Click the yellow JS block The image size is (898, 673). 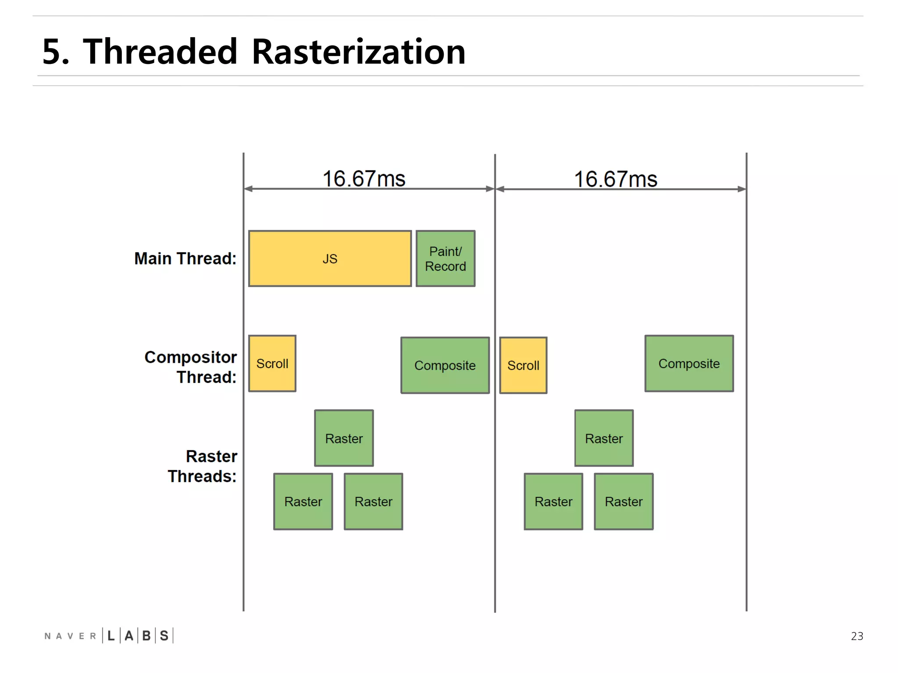click(330, 259)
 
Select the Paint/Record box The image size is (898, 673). click(445, 259)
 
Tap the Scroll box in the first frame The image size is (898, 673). click(272, 364)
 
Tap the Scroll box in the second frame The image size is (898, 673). click(523, 365)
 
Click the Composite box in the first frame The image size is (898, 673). click(445, 365)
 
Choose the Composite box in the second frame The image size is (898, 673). click(689, 364)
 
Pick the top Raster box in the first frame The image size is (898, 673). click(344, 438)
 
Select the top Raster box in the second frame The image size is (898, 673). click(604, 438)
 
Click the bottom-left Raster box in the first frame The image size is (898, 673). click(303, 502)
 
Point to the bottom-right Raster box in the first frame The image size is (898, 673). click(373, 502)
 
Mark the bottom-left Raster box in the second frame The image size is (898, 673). click(553, 502)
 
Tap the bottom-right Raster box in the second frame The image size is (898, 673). click(624, 502)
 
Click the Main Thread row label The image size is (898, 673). click(185, 259)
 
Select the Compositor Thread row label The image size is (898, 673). click(191, 367)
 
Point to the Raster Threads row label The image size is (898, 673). click(203, 466)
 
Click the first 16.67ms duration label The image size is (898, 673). click(364, 179)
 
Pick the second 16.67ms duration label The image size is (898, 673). click(616, 179)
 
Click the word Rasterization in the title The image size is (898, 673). click(358, 52)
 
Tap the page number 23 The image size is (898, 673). click(857, 636)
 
